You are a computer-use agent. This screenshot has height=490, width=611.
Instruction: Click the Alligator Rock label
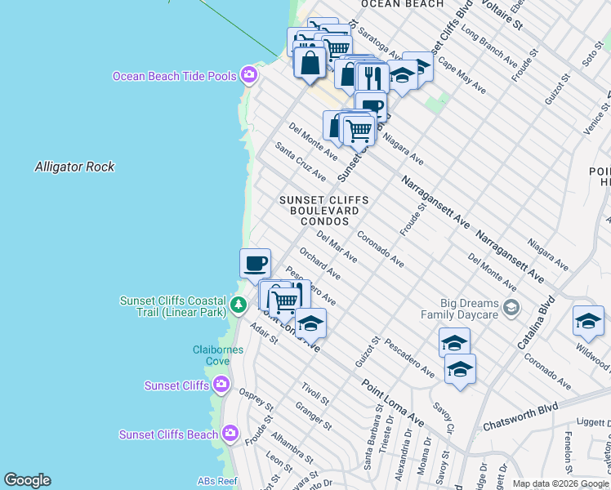click(74, 167)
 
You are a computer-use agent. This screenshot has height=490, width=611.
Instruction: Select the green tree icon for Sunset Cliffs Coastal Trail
click(238, 305)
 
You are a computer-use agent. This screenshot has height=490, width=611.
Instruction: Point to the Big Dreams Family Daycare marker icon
click(511, 308)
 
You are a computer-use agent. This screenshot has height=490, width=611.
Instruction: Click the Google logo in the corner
click(27, 480)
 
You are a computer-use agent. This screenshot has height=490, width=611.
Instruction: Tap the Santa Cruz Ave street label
click(301, 162)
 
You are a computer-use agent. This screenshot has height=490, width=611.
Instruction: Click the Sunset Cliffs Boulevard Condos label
click(323, 211)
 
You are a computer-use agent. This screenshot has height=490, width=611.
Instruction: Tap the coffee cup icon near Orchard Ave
click(255, 263)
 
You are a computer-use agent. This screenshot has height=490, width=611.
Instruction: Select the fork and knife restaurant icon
click(372, 78)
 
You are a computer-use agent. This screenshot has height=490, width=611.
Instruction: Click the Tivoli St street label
click(314, 393)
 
